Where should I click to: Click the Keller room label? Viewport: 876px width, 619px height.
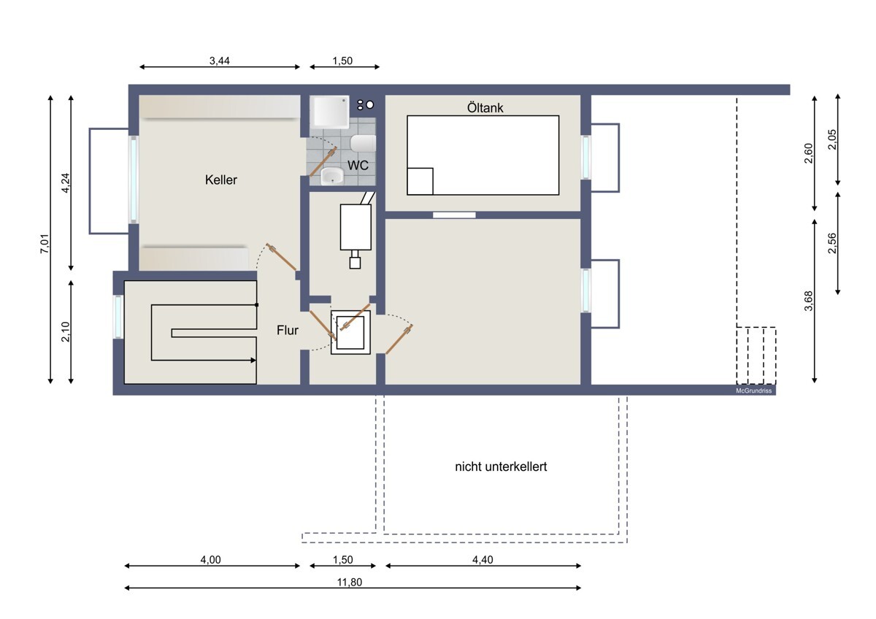pyautogui.click(x=221, y=180)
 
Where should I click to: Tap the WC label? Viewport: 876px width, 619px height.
pyautogui.click(x=358, y=166)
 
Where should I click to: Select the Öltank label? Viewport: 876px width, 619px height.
pyautogui.click(x=485, y=107)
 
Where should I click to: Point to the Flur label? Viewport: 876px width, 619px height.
pyautogui.click(x=288, y=331)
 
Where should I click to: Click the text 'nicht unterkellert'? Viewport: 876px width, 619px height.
pyautogui.click(x=501, y=466)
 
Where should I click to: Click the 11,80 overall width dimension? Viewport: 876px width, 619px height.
pyautogui.click(x=350, y=583)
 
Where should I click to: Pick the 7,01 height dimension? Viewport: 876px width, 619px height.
pyautogui.click(x=45, y=243)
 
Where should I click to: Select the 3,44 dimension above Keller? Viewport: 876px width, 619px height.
pyautogui.click(x=220, y=61)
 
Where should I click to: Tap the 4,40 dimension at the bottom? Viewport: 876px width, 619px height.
pyautogui.click(x=483, y=560)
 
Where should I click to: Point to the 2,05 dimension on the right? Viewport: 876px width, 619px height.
pyautogui.click(x=832, y=139)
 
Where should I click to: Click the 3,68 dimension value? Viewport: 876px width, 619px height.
pyautogui.click(x=809, y=301)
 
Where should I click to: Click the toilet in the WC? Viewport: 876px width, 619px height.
pyautogui.click(x=364, y=144)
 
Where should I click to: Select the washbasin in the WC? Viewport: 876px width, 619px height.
pyautogui.click(x=332, y=177)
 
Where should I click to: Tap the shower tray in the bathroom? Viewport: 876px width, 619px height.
pyautogui.click(x=330, y=112)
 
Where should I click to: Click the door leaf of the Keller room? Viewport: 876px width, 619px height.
pyautogui.click(x=281, y=257)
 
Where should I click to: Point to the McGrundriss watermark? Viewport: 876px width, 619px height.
pyautogui.click(x=753, y=391)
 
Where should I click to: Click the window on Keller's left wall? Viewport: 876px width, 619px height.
pyautogui.click(x=134, y=180)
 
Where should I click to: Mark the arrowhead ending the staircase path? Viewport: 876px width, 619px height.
pyautogui.click(x=253, y=360)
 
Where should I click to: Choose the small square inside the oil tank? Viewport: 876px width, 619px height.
pyautogui.click(x=420, y=181)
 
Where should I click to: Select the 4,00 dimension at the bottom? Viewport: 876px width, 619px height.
pyautogui.click(x=210, y=560)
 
